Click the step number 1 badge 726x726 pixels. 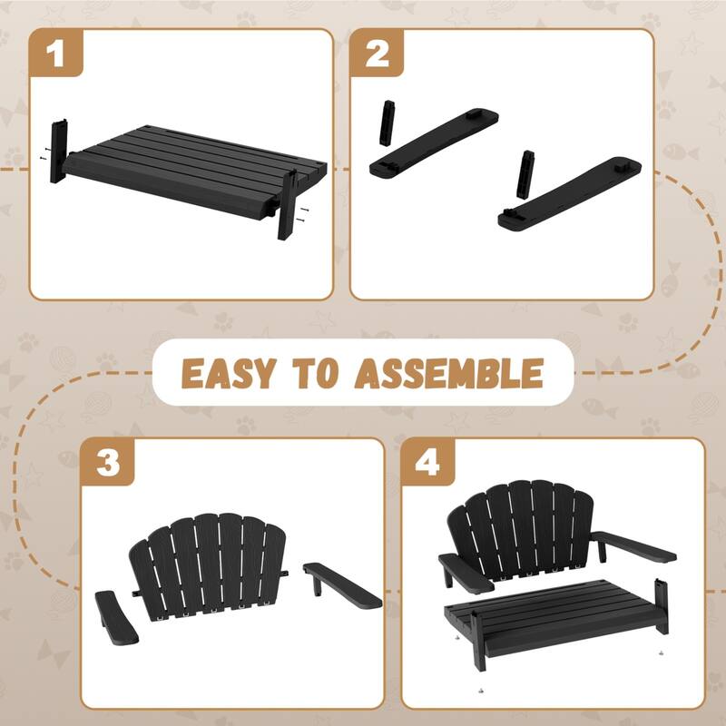pyautogui.click(x=56, y=54)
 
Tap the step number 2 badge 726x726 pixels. pyautogui.click(x=377, y=54)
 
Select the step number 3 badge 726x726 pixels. pyautogui.click(x=108, y=462)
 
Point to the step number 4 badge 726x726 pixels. pyautogui.click(x=427, y=462)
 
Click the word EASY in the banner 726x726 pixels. pyautogui.click(x=229, y=373)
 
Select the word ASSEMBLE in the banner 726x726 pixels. pyautogui.click(x=448, y=373)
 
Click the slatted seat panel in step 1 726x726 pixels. pyautogui.click(x=194, y=168)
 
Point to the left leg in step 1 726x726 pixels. pyautogui.click(x=59, y=151)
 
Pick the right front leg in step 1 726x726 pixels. pyautogui.click(x=287, y=204)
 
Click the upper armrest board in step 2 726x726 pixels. pyautogui.click(x=434, y=142)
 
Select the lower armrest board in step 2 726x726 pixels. pyautogui.click(x=570, y=193)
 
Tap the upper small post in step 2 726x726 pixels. pyautogui.click(x=388, y=123)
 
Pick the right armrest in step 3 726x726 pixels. pyautogui.click(x=342, y=585)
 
